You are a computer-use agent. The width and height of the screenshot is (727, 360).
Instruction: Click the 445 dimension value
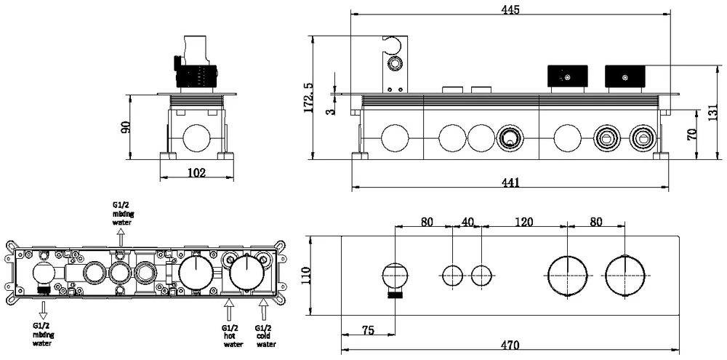[x=510, y=9]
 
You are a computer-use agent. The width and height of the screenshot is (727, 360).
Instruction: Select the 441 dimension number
[x=510, y=183]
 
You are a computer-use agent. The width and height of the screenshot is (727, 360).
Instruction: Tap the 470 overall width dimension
[x=510, y=345]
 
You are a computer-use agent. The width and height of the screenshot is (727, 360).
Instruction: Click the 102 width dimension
[x=197, y=173]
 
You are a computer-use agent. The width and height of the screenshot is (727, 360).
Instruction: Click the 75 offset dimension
[x=368, y=330]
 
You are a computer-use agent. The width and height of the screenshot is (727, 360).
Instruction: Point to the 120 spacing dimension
[x=524, y=222]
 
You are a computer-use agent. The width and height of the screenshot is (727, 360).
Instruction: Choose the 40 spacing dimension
[x=467, y=222]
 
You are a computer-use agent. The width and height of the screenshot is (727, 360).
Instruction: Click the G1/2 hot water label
[x=233, y=336]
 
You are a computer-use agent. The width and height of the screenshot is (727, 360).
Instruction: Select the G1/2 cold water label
[x=265, y=336]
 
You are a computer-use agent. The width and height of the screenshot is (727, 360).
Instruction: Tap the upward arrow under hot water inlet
[x=228, y=311]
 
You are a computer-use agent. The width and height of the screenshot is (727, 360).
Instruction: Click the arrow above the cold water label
[x=263, y=311]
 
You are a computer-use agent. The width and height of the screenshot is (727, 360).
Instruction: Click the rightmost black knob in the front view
[x=624, y=76]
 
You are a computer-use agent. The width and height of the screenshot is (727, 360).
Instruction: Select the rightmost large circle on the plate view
[x=624, y=276]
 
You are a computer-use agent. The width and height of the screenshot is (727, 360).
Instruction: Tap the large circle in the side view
[x=196, y=137]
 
